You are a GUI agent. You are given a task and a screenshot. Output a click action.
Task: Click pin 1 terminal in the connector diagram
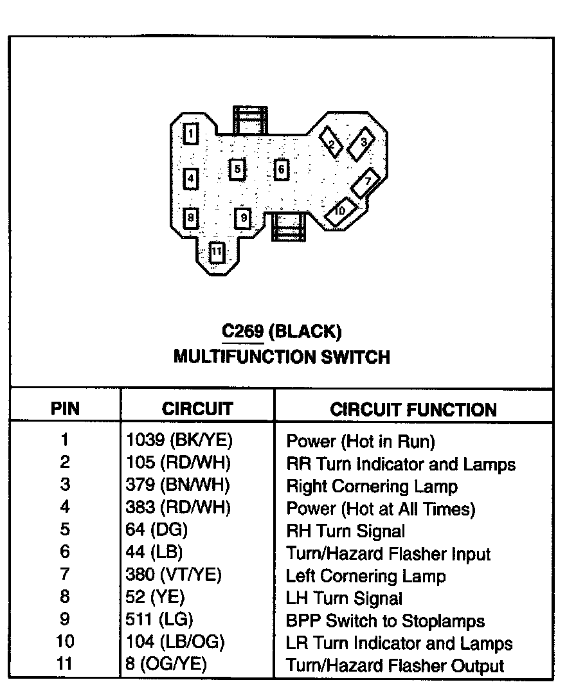pyautogui.click(x=191, y=134)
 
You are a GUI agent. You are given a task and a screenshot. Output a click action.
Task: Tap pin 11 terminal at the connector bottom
pyautogui.click(x=217, y=251)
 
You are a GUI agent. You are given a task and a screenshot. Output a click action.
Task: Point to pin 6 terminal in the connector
pyautogui.click(x=281, y=170)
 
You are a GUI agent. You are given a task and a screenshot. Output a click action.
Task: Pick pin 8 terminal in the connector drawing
pyautogui.click(x=190, y=218)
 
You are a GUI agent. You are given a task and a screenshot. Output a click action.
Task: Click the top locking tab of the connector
pyautogui.click(x=249, y=120)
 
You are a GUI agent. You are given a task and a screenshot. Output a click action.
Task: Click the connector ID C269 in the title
pyautogui.click(x=242, y=332)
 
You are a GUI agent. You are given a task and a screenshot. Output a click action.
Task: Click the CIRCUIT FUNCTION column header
pyautogui.click(x=413, y=410)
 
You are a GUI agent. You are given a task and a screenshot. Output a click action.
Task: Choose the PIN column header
pyautogui.click(x=65, y=409)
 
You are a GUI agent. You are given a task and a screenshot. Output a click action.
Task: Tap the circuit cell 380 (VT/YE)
pyautogui.click(x=173, y=575)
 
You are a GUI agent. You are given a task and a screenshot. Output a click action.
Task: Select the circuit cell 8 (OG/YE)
pyautogui.click(x=166, y=665)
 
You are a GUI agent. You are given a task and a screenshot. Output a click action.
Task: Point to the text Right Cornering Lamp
pyautogui.click(x=372, y=486)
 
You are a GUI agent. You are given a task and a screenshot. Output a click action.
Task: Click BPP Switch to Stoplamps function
pyautogui.click(x=385, y=621)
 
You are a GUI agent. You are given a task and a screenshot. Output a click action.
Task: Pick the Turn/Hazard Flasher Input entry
pyautogui.click(x=388, y=553)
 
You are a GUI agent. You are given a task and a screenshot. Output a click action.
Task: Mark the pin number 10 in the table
pyautogui.click(x=65, y=642)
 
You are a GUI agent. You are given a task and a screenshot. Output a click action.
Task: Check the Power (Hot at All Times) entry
pyautogui.click(x=381, y=508)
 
